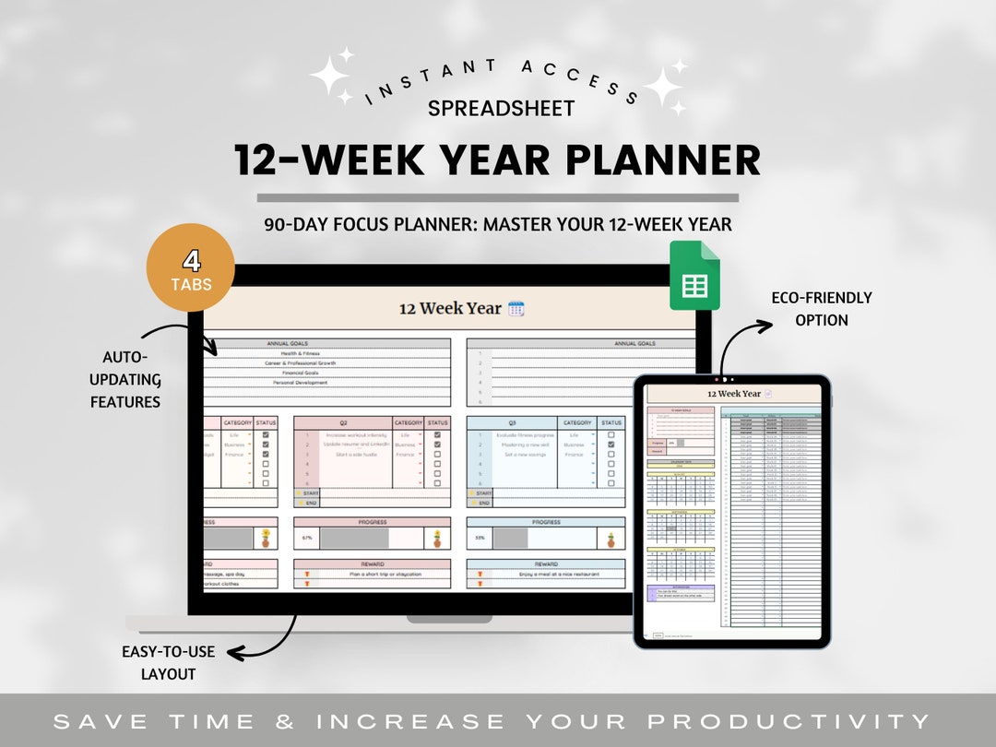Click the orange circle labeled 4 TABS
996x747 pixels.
pos(191,268)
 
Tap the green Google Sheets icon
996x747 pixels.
pos(694,276)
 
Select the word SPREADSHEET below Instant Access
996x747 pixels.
pos(501,108)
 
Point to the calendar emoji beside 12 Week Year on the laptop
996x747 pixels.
pos(516,309)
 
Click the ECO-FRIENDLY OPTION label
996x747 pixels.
pos(821,309)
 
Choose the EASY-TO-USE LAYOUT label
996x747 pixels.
pos(168,662)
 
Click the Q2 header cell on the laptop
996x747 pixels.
pos(343,422)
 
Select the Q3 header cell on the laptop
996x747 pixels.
pos(512,422)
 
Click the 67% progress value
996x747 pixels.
pos(307,537)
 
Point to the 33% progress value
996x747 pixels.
pos(480,537)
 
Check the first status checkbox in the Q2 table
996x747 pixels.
pos(437,434)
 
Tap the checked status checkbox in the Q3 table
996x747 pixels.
pos(611,444)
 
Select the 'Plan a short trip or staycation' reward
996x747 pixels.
pos(372,574)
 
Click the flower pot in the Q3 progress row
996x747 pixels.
pos(611,537)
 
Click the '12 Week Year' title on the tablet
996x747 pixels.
pos(734,394)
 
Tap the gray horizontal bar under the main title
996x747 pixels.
pos(497,197)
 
